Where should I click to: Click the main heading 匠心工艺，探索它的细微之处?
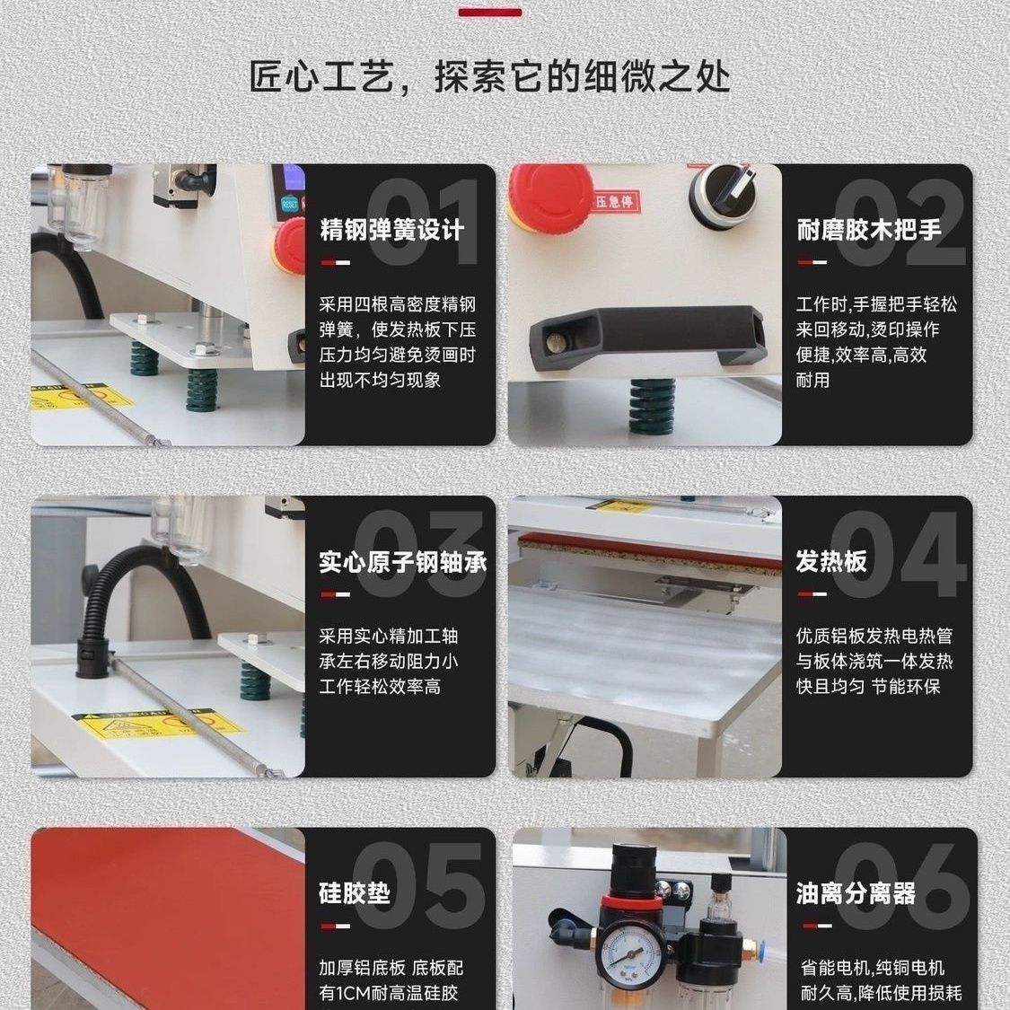(x=489, y=76)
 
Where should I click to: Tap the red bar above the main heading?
(x=490, y=12)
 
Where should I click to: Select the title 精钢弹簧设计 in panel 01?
(x=391, y=230)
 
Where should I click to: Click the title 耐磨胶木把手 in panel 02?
(x=869, y=230)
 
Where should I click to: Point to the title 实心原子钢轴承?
(x=402, y=562)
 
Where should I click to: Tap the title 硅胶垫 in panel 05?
(x=355, y=893)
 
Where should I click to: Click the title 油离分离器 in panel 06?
(x=856, y=893)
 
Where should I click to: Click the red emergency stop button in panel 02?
(x=550, y=193)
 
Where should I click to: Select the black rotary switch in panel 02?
(x=723, y=191)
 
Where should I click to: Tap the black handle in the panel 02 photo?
(x=646, y=338)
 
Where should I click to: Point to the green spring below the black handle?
(x=653, y=406)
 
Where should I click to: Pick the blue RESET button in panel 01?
(x=290, y=204)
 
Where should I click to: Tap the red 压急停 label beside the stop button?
(x=613, y=202)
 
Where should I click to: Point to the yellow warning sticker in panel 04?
(x=623, y=506)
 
